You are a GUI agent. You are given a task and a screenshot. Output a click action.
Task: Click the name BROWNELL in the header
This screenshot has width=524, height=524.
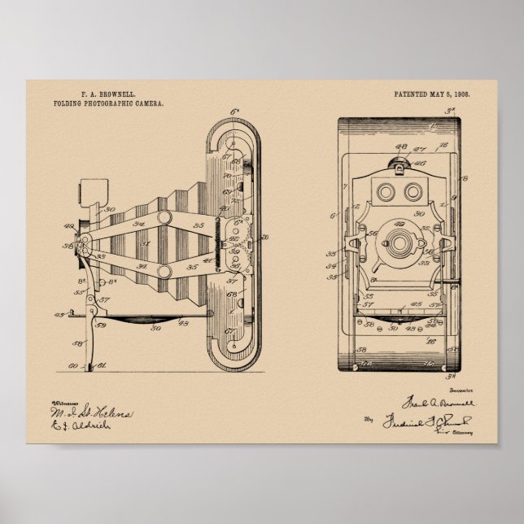tap(116, 95)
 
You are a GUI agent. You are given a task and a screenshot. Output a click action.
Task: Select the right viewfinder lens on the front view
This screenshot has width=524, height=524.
tap(413, 191)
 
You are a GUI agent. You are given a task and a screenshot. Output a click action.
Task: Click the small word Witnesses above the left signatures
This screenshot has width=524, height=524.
tap(65, 404)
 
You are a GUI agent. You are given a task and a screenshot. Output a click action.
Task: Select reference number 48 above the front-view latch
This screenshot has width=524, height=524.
tap(400, 146)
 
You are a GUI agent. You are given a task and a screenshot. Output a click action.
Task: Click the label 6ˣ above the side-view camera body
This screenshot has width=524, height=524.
tap(235, 111)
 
